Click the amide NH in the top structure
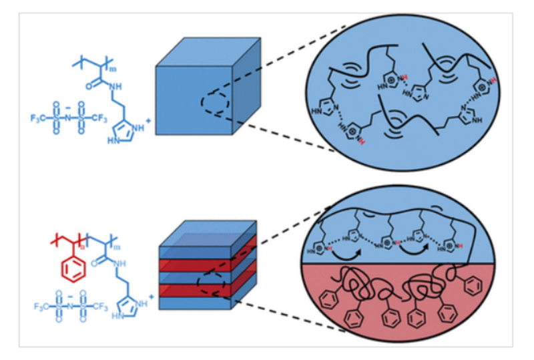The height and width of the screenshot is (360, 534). (118, 85)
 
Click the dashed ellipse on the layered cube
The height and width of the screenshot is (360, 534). (217, 281)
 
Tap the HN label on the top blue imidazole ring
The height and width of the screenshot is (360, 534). (113, 141)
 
